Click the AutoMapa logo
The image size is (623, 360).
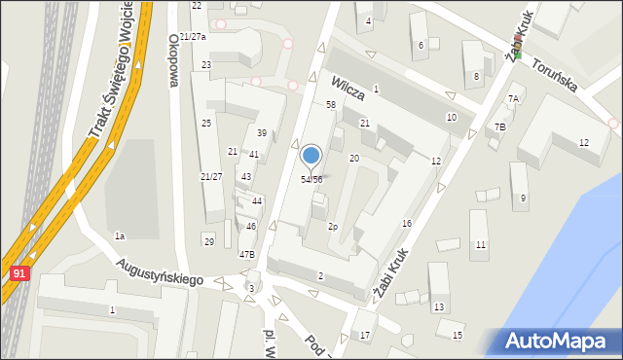click(558, 342)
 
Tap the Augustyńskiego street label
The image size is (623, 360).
click(158, 271)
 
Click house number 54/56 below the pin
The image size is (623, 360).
click(311, 180)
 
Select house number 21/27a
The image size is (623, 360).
click(192, 36)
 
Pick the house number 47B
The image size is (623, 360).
click(247, 255)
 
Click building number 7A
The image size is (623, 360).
click(513, 99)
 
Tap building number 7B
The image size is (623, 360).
click(499, 127)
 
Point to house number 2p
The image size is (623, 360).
click(332, 227)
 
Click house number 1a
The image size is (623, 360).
click(120, 236)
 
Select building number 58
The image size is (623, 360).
click(331, 104)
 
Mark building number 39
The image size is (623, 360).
click(262, 132)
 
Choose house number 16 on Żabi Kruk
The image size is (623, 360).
click(407, 224)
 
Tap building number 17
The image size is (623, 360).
click(365, 336)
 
